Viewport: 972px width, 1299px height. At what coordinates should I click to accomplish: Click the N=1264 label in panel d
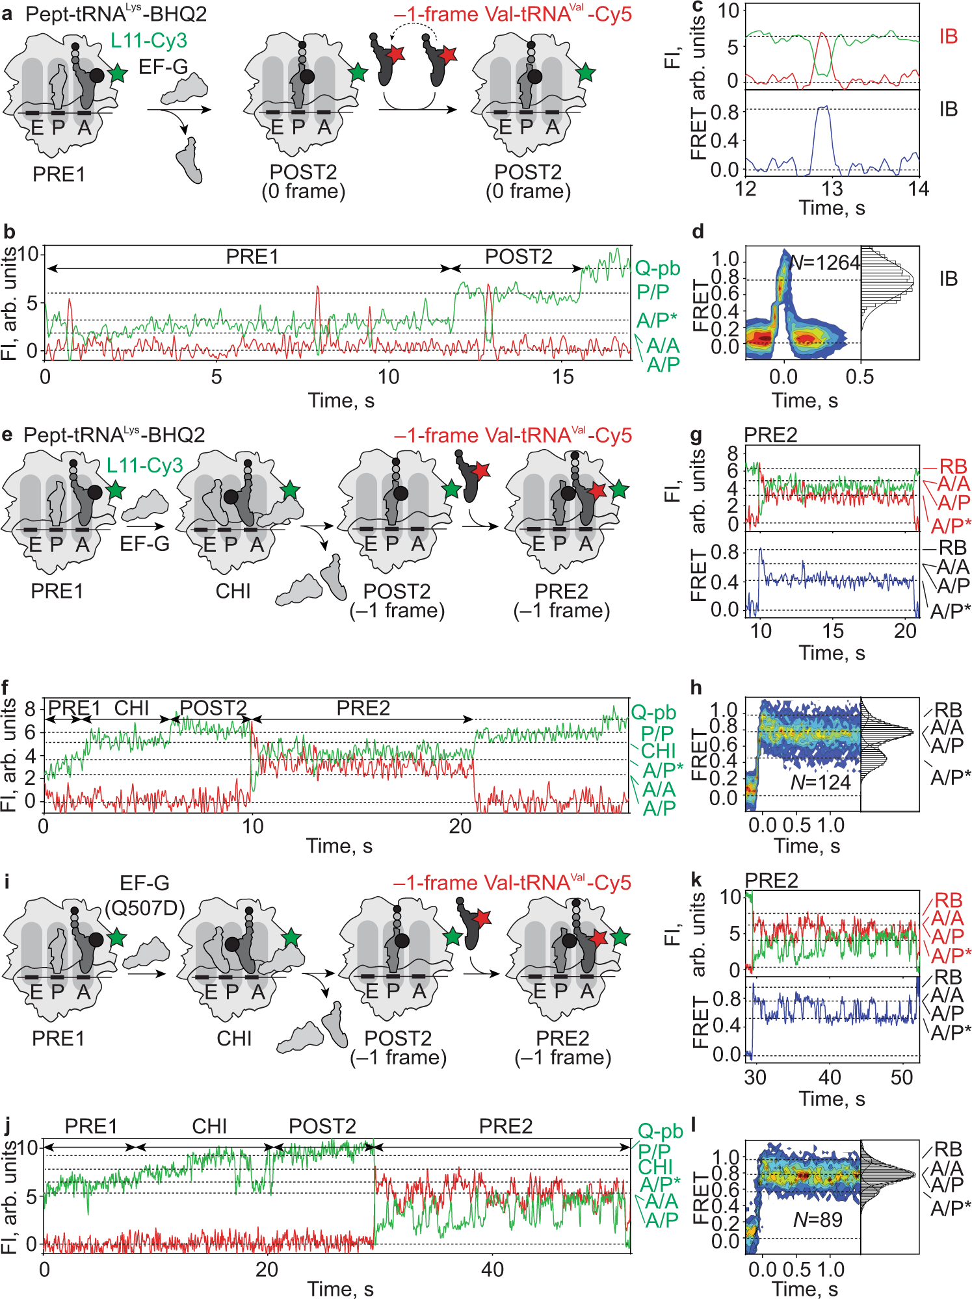coord(824,263)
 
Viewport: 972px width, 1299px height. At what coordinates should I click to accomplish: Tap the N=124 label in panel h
coord(820,782)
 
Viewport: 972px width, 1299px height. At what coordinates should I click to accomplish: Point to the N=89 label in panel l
coord(818,1220)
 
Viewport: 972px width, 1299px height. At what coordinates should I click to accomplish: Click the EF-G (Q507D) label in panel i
coord(144,895)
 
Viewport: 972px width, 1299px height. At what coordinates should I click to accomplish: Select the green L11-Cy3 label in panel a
coord(149,40)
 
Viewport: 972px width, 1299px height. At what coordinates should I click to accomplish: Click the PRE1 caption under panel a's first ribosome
coord(59,174)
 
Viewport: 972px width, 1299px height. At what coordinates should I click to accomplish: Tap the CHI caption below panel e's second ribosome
coord(233,591)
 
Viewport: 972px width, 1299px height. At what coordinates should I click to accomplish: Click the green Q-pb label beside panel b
coord(657,268)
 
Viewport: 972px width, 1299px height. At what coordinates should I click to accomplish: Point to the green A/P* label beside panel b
coord(657,320)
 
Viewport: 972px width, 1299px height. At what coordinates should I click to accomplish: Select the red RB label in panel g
coord(952,466)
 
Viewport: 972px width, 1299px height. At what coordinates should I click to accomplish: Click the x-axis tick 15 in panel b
coord(562,377)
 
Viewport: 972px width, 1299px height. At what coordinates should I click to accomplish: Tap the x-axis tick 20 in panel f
coord(460,827)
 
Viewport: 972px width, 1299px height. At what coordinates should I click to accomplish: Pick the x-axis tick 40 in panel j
coord(492,1269)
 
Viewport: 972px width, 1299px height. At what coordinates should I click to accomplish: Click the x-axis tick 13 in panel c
coord(832,189)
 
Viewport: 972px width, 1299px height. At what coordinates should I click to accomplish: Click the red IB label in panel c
coord(948,36)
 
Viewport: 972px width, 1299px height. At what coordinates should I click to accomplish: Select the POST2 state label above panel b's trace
coord(518,257)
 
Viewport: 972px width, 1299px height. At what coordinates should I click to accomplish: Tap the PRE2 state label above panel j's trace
coord(505,1126)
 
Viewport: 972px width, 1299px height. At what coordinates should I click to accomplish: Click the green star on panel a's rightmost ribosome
coord(585,73)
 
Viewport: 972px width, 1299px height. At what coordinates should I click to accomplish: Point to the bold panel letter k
coord(696,880)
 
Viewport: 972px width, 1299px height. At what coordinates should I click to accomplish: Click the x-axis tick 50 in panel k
coord(901,1078)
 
